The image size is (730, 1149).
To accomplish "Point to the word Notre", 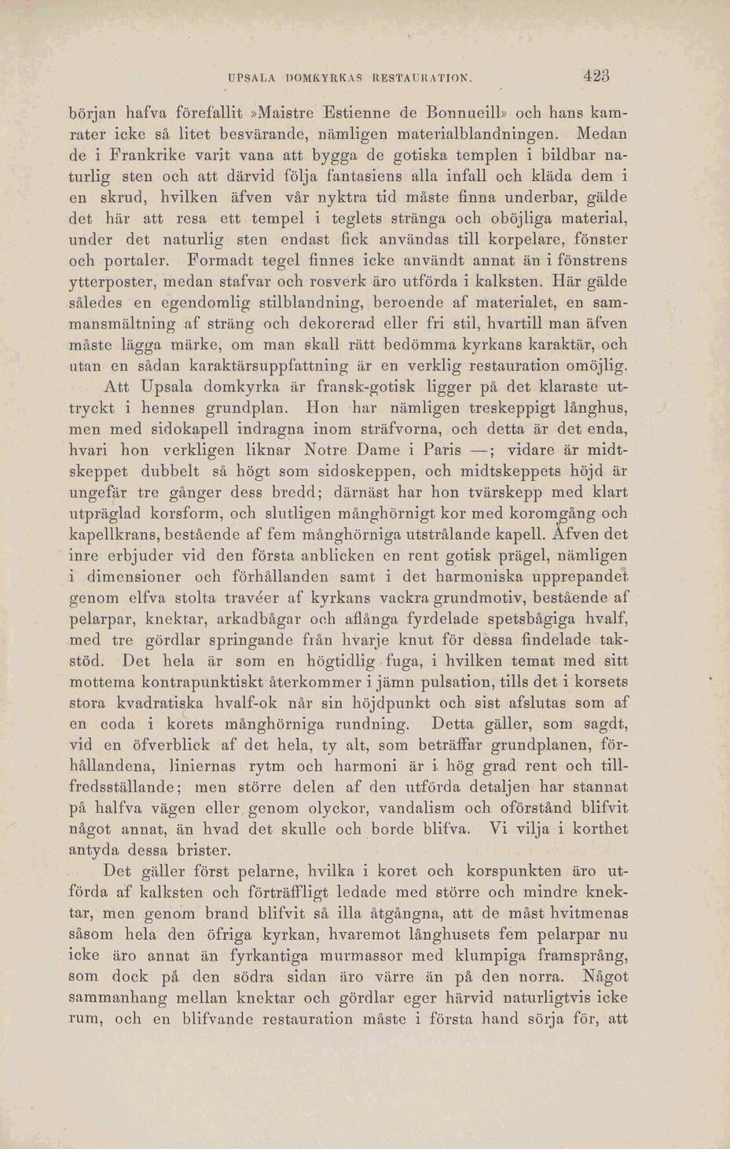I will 334,451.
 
